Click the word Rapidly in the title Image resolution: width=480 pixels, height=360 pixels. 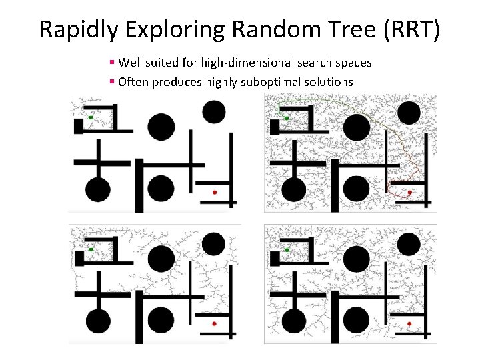75,29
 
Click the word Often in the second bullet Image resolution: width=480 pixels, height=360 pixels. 133,82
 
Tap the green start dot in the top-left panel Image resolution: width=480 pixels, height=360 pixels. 91,117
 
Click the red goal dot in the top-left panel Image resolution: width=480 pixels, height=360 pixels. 215,192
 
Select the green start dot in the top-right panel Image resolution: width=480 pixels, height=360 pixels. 287,117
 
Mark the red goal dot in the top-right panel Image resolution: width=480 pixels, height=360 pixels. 410,192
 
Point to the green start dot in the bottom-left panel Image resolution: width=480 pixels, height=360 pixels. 91,249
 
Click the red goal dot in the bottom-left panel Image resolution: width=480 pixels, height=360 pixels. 215,324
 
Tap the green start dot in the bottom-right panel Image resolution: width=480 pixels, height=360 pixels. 287,249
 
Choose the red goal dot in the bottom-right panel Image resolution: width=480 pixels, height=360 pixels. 410,324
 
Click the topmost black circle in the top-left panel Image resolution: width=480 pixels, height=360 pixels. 214,111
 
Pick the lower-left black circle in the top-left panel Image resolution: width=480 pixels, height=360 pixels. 97,189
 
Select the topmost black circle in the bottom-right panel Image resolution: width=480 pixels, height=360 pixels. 409,243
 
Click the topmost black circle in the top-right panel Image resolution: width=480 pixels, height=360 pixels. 409,111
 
